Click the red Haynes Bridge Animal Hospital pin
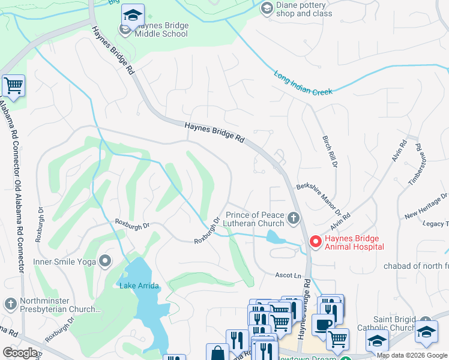pyautogui.click(x=315, y=241)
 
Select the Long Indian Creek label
pyautogui.click(x=304, y=84)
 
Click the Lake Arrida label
pyautogui.click(x=139, y=286)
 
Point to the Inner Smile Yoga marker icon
pyautogui.click(x=106, y=260)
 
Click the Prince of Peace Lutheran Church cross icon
pyautogui.click(x=293, y=218)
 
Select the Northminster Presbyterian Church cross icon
pyautogui.click(x=10, y=304)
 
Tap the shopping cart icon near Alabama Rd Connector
pyautogui.click(x=13, y=86)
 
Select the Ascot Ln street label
pyautogui.click(x=288, y=275)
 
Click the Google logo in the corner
pyautogui.click(x=20, y=352)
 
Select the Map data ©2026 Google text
pyautogui.click(x=411, y=355)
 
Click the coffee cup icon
pyautogui.click(x=322, y=324)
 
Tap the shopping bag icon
pyautogui.click(x=217, y=353)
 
